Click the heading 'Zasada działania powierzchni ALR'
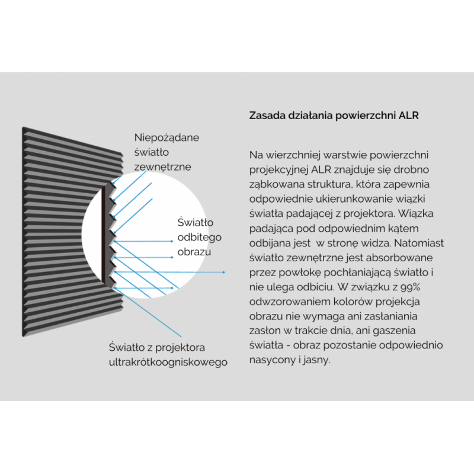pyautogui.click(x=334, y=116)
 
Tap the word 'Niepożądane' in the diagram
pyautogui.click(x=166, y=138)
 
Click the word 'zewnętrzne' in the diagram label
pyautogui.click(x=162, y=167)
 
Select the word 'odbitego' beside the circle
pyautogui.click(x=200, y=238)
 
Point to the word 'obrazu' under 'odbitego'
pyautogui.click(x=194, y=252)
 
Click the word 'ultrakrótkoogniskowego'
pyautogui.click(x=168, y=362)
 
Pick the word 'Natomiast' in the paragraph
pyautogui.click(x=419, y=243)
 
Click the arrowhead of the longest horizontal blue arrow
pyautogui.click(x=224, y=273)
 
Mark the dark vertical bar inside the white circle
pyautogui.click(x=103, y=235)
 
